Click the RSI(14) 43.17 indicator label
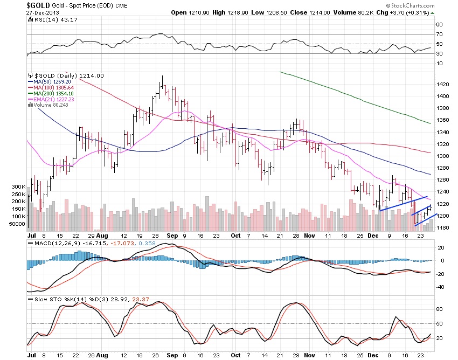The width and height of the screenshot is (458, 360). (49, 20)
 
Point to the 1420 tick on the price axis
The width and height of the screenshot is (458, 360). (442, 85)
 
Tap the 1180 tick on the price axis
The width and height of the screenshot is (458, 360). (442, 227)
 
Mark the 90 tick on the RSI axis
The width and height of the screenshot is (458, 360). (439, 24)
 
